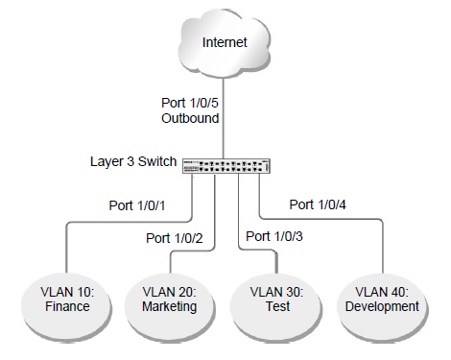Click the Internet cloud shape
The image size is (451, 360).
pyautogui.click(x=225, y=43)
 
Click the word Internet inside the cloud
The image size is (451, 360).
pyautogui.click(x=225, y=43)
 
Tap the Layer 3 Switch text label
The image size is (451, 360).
pyautogui.click(x=133, y=163)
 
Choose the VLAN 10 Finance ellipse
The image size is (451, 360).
pyautogui.click(x=66, y=299)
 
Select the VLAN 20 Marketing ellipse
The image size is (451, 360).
pyautogui.click(x=170, y=299)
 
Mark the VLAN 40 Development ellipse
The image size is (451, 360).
pyautogui.click(x=381, y=299)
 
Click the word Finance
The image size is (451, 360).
pyautogui.click(x=66, y=307)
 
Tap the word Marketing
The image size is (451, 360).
pyautogui.click(x=170, y=307)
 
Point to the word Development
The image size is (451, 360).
pyautogui.click(x=381, y=307)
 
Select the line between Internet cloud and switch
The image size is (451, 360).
pyautogui.click(x=225, y=115)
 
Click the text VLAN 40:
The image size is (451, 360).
pyautogui.click(x=381, y=291)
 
